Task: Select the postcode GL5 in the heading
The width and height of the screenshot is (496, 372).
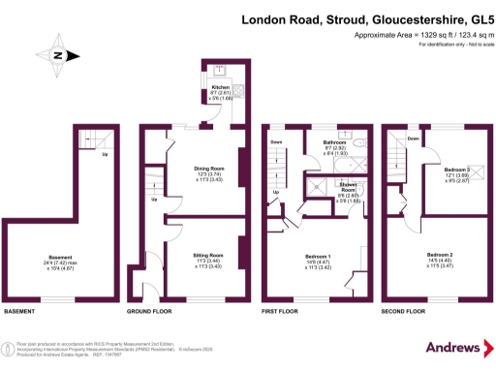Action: point(474,18)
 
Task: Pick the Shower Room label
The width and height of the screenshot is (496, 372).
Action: point(350,186)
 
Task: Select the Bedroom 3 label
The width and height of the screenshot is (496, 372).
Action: point(456,169)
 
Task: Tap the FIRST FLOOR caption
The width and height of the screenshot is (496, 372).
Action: point(282,313)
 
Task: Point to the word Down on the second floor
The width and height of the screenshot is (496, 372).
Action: point(415,139)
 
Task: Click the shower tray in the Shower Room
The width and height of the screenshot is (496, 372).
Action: point(319,190)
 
